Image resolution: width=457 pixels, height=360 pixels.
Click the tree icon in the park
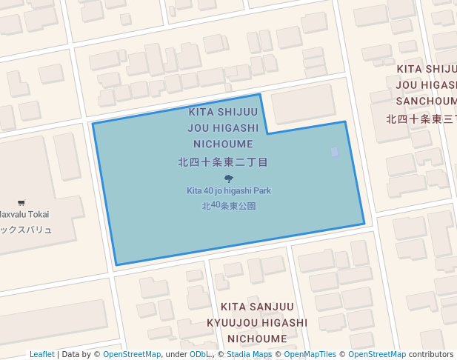[x=228, y=179]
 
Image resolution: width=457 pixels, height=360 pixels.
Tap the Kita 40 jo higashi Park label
[x=228, y=191]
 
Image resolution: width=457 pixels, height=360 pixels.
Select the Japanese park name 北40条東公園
[x=228, y=205]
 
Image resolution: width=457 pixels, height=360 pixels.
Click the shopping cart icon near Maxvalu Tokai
[x=21, y=203]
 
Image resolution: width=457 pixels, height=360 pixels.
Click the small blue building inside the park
[x=335, y=152]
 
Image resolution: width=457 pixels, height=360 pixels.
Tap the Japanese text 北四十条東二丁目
[x=223, y=161]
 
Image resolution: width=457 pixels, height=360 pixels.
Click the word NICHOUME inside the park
[x=223, y=144]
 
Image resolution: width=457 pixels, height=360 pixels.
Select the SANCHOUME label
[x=426, y=101]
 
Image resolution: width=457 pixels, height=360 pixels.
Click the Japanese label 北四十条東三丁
[x=421, y=119]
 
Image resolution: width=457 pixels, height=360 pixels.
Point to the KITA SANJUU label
[x=257, y=307]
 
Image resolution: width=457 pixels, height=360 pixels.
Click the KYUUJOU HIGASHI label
[x=257, y=323]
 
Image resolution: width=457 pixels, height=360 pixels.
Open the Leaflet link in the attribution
[x=41, y=355]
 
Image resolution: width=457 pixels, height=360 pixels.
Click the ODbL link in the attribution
[x=200, y=355]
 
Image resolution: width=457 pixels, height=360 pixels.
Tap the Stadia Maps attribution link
[x=249, y=355]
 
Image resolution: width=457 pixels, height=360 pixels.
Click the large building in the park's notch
[x=304, y=105]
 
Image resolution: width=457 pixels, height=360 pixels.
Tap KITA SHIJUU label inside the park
[x=223, y=113]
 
